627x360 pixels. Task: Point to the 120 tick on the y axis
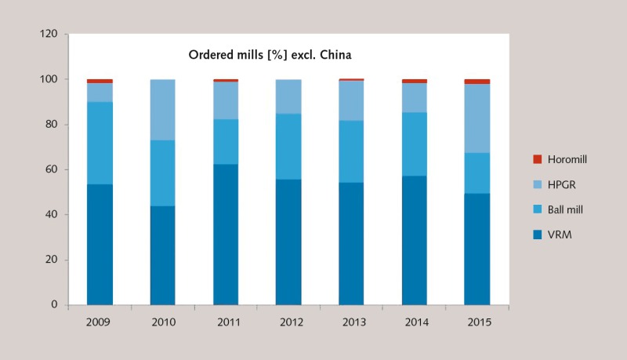[49, 35]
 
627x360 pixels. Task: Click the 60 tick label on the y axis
[52, 169]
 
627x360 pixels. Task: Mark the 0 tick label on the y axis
[55, 304]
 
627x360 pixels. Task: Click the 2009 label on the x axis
[100, 322]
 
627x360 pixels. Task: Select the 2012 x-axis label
[288, 322]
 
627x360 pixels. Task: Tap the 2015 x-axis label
[477, 322]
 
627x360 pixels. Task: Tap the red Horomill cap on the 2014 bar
[414, 81]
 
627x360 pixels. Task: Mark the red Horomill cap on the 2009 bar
[100, 81]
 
